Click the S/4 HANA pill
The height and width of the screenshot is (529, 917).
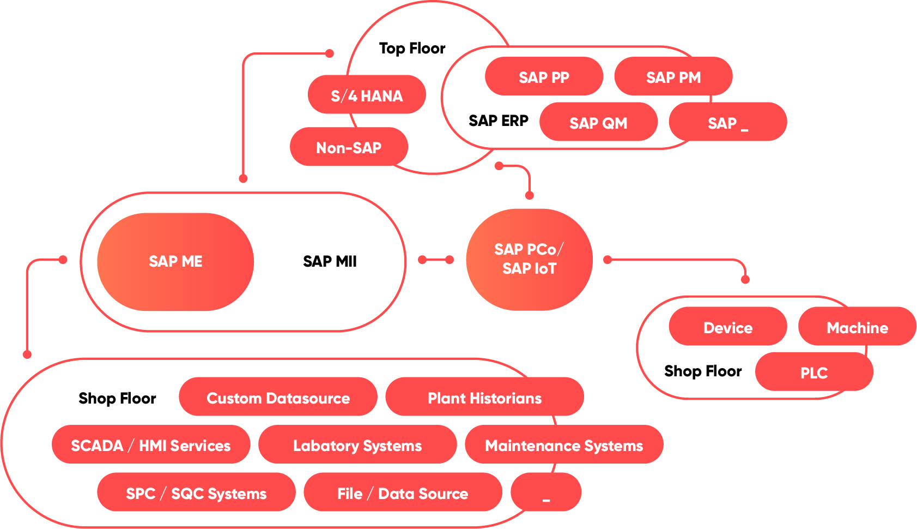[367, 95]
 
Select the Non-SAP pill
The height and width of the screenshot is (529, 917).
[349, 147]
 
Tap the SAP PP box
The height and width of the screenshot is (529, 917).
[544, 77]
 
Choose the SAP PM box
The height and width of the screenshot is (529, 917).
[673, 77]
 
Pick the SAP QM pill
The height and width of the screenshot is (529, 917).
[598, 122]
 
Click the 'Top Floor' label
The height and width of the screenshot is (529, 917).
[412, 49]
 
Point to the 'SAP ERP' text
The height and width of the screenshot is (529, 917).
[498, 121]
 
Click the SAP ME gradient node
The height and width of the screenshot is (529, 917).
[175, 261]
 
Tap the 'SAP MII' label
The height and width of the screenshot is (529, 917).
[330, 261]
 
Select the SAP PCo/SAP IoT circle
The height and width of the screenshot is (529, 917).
[529, 259]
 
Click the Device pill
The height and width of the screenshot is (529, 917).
[727, 327]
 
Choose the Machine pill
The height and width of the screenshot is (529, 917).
[857, 327]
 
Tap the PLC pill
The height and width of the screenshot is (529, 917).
[813, 372]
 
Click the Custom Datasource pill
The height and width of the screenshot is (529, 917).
[278, 398]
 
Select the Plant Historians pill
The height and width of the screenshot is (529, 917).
[484, 398]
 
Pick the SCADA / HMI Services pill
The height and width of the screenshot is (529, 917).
[151, 445]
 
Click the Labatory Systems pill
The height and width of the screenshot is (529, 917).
[357, 445]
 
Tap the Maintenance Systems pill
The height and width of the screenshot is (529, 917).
[564, 445]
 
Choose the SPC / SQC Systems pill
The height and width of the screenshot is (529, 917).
[196, 493]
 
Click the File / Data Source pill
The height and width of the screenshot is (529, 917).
[403, 493]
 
